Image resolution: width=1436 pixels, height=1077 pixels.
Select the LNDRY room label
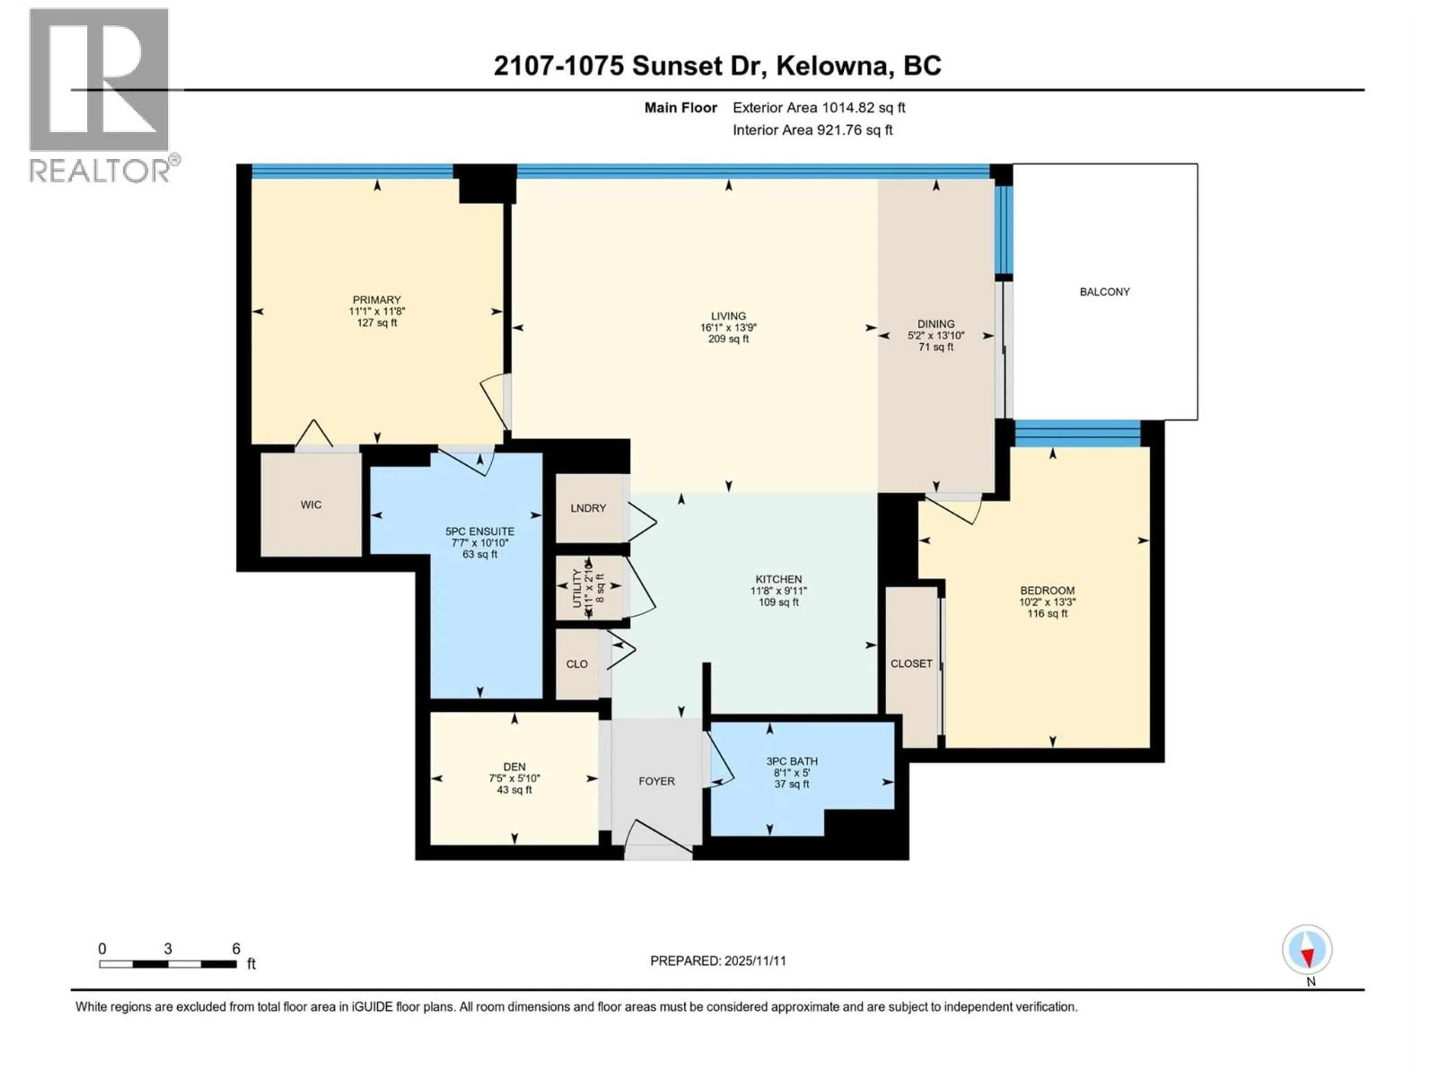588,508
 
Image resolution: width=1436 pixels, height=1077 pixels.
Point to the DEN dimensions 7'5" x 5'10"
514,778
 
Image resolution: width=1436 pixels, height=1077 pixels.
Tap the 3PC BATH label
791,761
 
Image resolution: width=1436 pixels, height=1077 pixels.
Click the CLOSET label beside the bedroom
911,663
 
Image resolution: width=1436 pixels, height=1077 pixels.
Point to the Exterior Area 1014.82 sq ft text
819,108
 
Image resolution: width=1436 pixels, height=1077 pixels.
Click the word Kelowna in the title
832,65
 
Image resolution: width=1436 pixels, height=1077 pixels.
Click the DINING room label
936,324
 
